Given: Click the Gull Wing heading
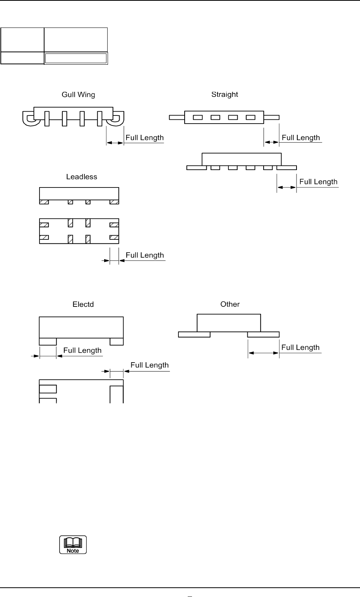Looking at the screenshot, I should tap(79, 95).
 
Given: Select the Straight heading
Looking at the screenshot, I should tap(225, 95).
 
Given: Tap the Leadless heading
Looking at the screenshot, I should tap(81, 177).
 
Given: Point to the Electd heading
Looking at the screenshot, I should tap(83, 305).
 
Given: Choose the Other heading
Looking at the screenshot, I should tap(230, 305).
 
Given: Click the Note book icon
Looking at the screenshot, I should tap(73, 545).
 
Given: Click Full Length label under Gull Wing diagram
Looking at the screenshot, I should tap(144, 138).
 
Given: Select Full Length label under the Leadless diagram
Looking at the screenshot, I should tap(145, 255).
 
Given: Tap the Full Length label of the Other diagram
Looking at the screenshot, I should tap(300, 348).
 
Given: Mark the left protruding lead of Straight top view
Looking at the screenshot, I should tap(177, 117).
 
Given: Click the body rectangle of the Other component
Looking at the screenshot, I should tap(229, 323).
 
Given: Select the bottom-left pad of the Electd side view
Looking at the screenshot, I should tap(48, 341).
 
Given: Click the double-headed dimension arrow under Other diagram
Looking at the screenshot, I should tap(263, 353).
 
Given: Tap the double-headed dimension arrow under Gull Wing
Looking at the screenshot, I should tap(115, 143).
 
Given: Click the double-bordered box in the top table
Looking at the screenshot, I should tap(75, 58).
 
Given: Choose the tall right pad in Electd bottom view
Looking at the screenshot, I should tap(117, 394).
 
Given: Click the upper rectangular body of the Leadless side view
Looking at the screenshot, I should tap(79, 193).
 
